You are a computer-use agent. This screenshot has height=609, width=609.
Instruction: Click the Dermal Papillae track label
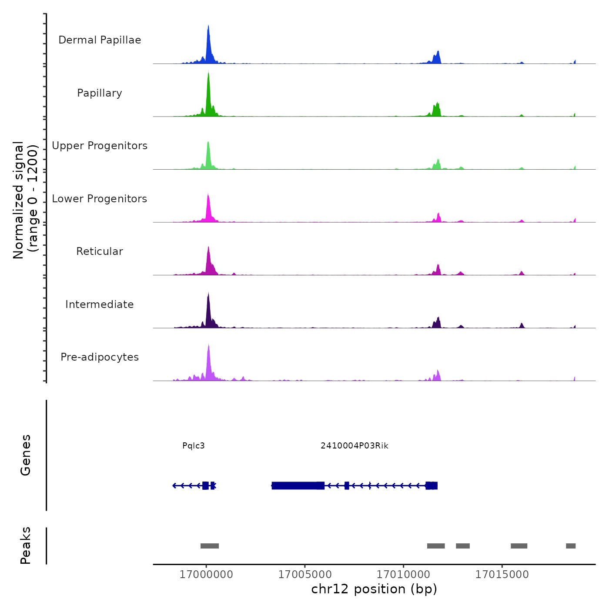tap(100, 40)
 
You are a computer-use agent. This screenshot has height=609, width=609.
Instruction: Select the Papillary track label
tap(100, 93)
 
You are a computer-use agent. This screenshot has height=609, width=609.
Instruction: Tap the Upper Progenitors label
tap(100, 146)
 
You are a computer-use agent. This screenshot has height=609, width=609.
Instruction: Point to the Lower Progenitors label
tap(100, 199)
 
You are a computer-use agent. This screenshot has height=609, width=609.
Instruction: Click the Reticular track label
tap(100, 251)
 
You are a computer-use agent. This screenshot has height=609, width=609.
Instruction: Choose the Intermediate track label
tap(100, 304)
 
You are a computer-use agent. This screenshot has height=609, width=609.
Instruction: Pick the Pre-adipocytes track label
tap(100, 357)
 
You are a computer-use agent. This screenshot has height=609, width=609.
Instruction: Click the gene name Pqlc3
tap(194, 446)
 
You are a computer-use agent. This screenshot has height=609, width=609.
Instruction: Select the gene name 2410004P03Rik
tap(355, 446)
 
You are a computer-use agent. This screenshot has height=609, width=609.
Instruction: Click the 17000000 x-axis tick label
tap(206, 575)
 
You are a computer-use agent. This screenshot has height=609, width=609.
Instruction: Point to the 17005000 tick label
tap(305, 575)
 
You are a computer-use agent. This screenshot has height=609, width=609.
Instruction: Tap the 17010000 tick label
tap(403, 575)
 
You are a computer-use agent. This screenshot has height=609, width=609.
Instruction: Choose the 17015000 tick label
tap(502, 575)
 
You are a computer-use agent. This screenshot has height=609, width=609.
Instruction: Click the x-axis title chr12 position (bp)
tap(374, 589)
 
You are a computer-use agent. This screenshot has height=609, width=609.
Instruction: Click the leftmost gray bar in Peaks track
tap(210, 546)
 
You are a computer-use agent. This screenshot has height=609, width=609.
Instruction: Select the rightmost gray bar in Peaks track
tap(571, 546)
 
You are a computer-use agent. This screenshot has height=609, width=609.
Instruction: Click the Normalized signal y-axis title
tap(25, 200)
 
